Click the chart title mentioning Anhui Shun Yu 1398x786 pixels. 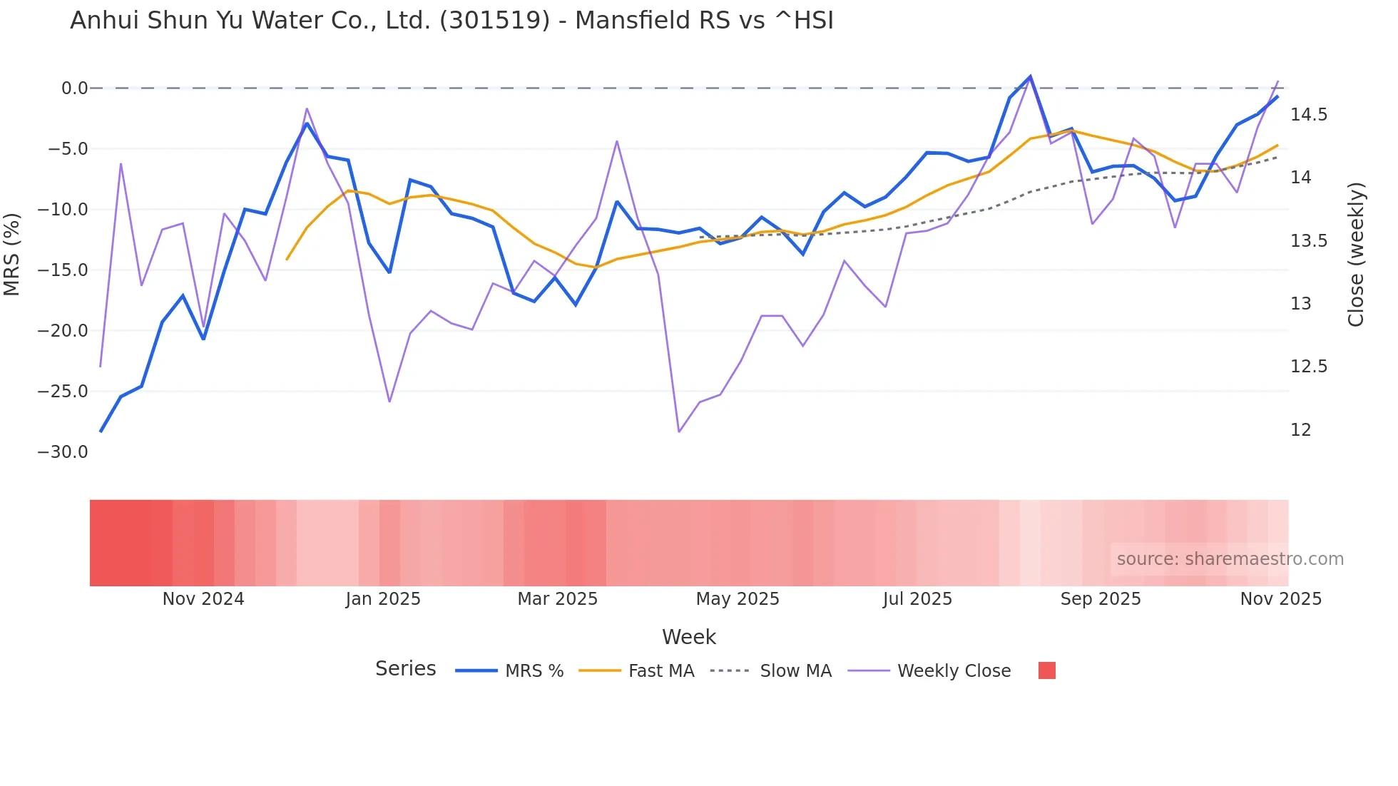(451, 21)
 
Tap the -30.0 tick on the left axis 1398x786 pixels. (63, 452)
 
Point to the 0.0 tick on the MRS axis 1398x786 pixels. (74, 88)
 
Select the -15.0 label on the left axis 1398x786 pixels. (63, 270)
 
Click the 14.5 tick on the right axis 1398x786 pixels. (1309, 115)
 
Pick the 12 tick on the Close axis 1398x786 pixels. (1300, 430)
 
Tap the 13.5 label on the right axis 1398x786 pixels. (1309, 241)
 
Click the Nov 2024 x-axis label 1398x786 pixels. (203, 599)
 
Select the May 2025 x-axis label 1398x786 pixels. (738, 599)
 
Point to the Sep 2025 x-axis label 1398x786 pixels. (1101, 599)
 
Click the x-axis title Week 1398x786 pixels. (688, 637)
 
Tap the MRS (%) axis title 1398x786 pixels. (12, 255)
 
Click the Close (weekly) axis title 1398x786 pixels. (1356, 255)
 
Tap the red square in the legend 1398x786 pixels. (1046, 670)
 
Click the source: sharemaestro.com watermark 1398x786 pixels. (1230, 559)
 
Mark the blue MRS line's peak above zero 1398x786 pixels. (1030, 76)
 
